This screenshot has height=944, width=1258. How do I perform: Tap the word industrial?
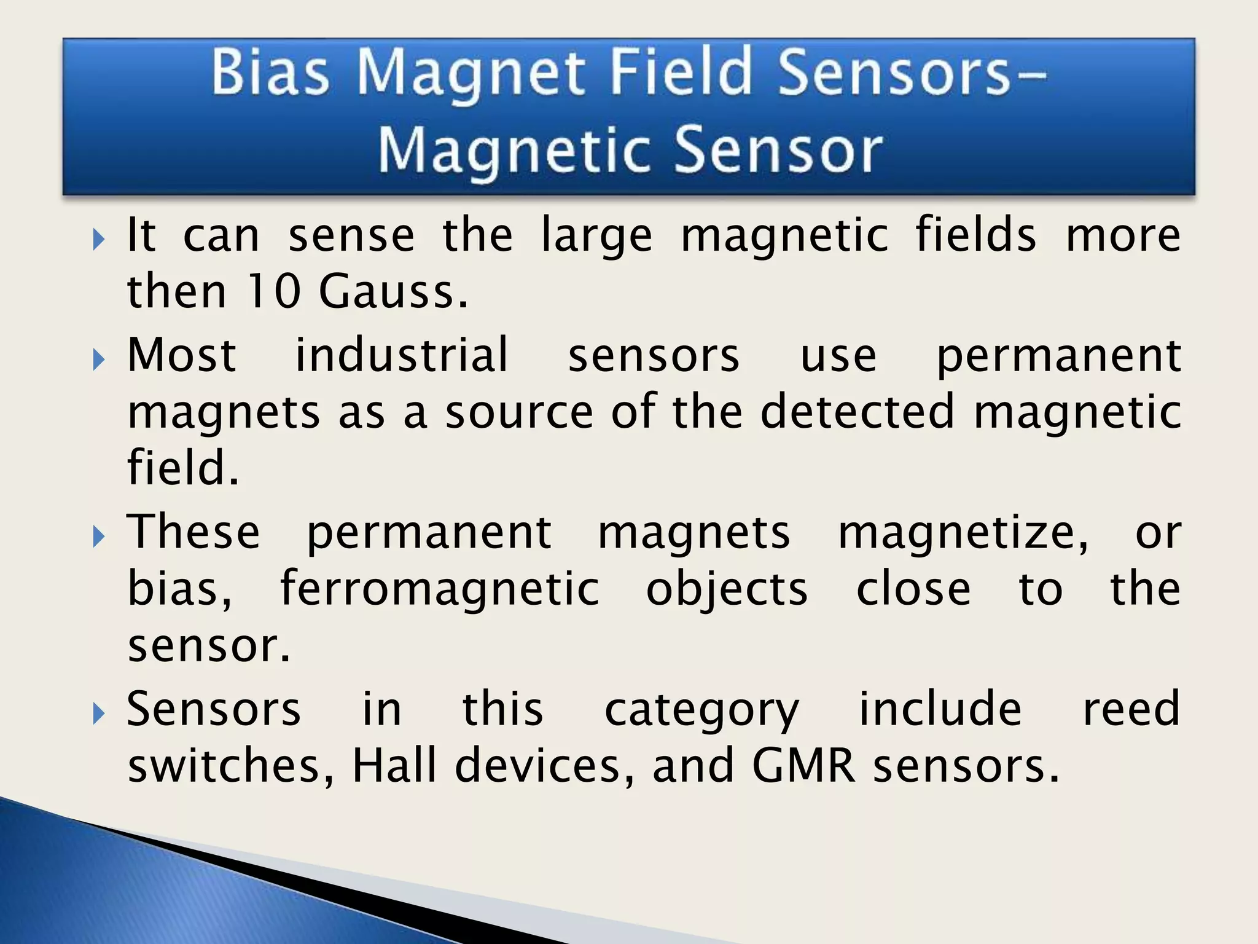[402, 355]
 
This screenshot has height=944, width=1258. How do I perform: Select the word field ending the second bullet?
[182, 468]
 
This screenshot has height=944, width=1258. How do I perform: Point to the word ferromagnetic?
[440, 589]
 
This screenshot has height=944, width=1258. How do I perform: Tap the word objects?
[727, 589]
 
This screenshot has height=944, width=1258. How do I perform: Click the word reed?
[1131, 709]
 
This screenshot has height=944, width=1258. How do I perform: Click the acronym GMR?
[803, 766]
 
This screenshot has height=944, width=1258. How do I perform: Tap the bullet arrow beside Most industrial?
[99, 360]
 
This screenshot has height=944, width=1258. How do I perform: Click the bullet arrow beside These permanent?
[99, 537]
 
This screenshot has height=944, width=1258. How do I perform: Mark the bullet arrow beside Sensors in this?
[99, 714]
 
